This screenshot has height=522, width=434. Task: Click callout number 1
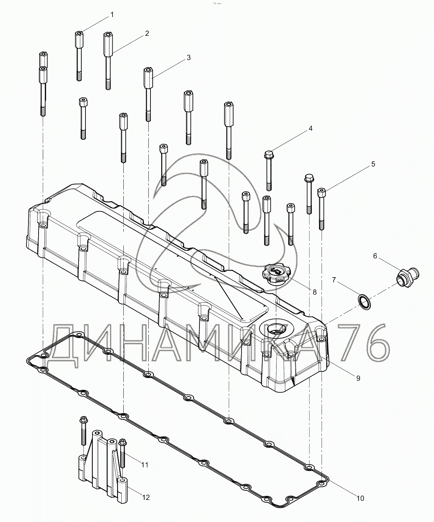click(112, 15)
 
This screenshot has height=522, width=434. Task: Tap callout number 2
click(147, 33)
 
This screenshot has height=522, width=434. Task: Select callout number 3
click(189, 57)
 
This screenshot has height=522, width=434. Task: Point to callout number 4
click(310, 128)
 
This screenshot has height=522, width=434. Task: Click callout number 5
click(373, 164)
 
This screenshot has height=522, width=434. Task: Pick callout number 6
click(375, 256)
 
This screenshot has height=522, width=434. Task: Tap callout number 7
click(334, 280)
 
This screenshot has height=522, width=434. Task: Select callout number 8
click(314, 292)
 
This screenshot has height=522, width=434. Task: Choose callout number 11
click(145, 465)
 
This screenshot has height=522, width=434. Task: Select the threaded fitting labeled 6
click(408, 277)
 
